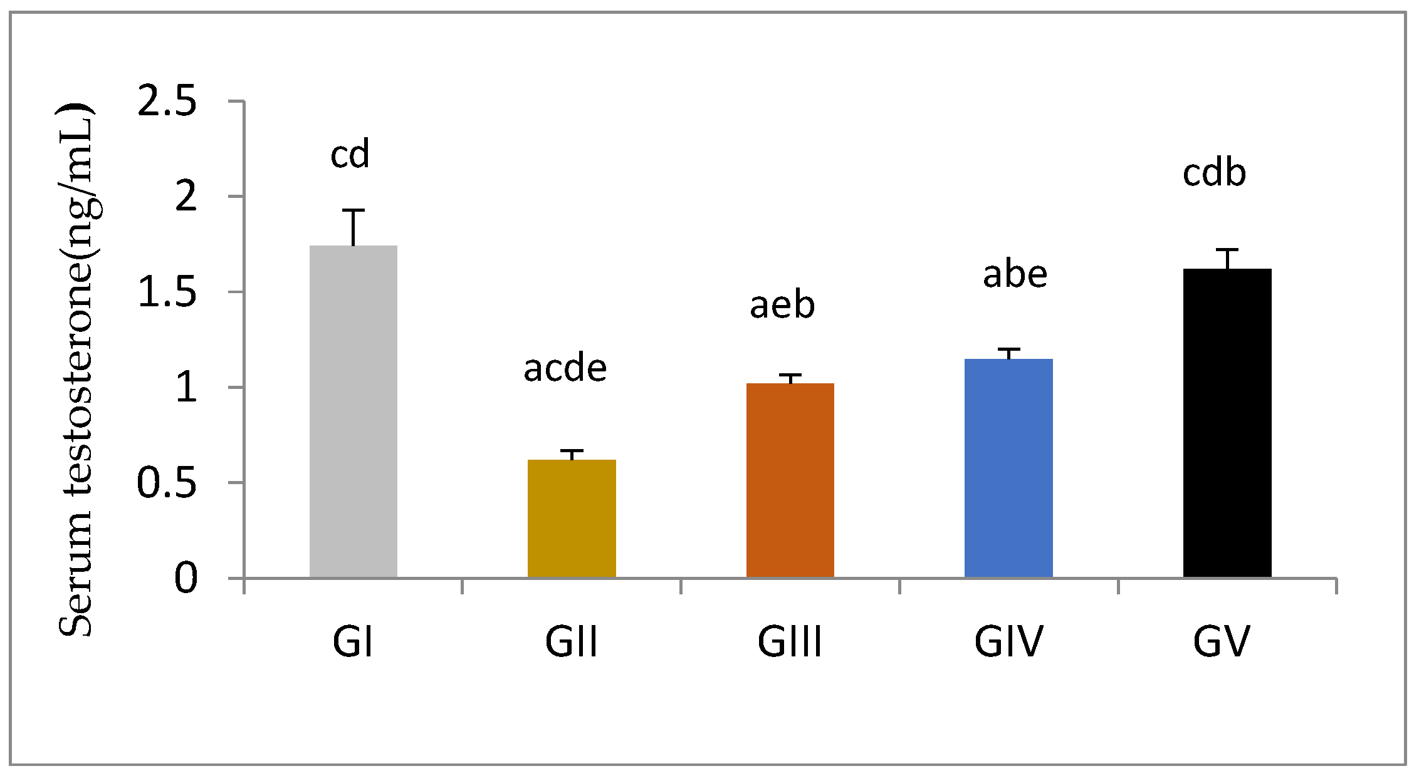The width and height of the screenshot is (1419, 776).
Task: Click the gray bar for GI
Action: tap(353, 411)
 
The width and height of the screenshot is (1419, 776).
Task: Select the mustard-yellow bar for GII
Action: tap(572, 519)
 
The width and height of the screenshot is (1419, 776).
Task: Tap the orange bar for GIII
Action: tap(790, 480)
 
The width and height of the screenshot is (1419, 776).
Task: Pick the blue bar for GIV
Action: tap(1008, 468)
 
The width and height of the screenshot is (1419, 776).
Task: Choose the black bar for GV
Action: tap(1227, 423)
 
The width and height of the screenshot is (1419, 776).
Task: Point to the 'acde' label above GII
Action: tap(565, 368)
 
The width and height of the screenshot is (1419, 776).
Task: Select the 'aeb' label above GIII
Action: tap(782, 305)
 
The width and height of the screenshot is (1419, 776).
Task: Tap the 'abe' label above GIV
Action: tap(1015, 274)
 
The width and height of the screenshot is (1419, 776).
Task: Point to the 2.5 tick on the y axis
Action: tap(167, 101)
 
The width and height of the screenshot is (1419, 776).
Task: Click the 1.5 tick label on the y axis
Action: tap(167, 292)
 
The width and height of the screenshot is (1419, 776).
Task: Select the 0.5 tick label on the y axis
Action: tap(167, 483)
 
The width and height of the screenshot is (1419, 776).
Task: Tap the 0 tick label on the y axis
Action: tap(186, 578)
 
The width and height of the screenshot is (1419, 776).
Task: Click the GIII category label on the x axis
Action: tap(789, 642)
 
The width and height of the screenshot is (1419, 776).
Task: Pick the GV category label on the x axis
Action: tap(1221, 642)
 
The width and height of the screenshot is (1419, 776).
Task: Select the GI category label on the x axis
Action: tap(353, 642)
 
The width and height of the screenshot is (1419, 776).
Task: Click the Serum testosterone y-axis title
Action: tap(76, 370)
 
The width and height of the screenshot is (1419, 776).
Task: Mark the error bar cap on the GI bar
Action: tap(353, 210)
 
